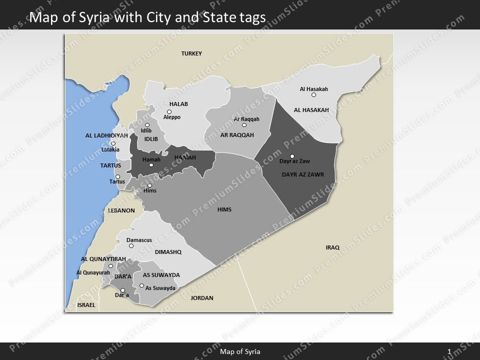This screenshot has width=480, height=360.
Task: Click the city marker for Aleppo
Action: point(169,111)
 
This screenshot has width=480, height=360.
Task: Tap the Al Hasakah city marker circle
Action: point(313,95)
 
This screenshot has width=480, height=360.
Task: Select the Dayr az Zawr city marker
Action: point(292,156)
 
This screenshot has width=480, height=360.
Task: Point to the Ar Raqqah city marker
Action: point(244,125)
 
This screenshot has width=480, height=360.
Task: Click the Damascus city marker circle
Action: point(131,246)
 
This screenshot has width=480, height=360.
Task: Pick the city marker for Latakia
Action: point(113,143)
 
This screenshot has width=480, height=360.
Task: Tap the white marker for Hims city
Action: point(149,185)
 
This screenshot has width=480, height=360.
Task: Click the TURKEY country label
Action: point(191,53)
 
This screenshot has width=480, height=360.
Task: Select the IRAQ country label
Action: point(332,247)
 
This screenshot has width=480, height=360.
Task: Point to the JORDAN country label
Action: point(202,298)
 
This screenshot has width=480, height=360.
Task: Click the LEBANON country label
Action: point(121,210)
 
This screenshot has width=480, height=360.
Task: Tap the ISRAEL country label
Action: point(86,304)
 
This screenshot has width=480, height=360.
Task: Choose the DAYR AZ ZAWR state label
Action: point(303,175)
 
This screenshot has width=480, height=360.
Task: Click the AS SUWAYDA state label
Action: point(161,275)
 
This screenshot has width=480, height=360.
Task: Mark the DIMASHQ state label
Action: point(168,252)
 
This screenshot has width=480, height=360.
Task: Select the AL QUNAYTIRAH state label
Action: point(103,259)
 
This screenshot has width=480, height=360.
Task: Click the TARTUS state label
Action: point(110,165)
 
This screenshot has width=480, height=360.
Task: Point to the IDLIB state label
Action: point(151,138)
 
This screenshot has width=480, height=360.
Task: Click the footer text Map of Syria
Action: point(240,351)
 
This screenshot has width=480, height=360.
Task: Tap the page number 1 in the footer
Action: point(449,351)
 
